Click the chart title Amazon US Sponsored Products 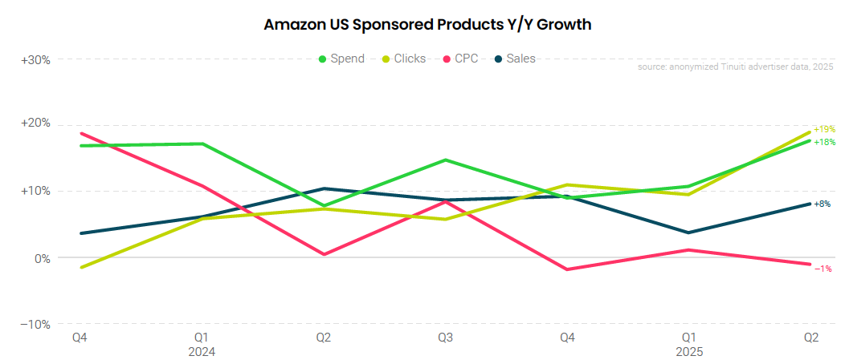427,25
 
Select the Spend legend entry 341,59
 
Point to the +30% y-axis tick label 36,60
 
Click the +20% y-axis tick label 36,123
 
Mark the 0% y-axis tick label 41,258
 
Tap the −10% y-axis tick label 36,325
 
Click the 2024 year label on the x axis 202,352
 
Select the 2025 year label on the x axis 688,352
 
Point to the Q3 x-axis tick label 445,338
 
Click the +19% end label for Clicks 824,129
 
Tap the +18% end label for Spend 824,142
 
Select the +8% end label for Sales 823,204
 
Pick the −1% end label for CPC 823,269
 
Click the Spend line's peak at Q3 445,160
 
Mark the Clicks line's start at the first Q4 80,267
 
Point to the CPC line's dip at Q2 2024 324,254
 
